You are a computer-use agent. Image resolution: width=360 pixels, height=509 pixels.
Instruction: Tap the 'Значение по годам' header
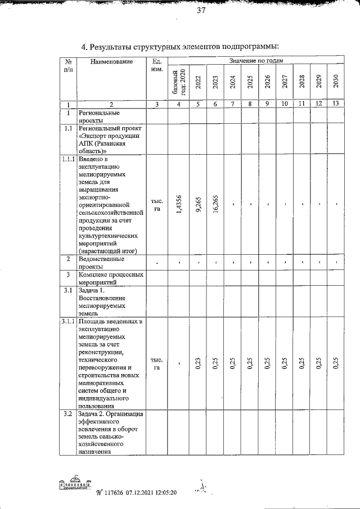[x=256, y=60]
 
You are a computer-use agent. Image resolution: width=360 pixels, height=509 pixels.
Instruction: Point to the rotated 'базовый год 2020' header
[x=178, y=82]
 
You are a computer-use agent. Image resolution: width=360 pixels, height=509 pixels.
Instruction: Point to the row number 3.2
[x=68, y=415]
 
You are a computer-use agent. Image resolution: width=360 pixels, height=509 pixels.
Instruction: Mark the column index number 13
[x=335, y=104]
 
